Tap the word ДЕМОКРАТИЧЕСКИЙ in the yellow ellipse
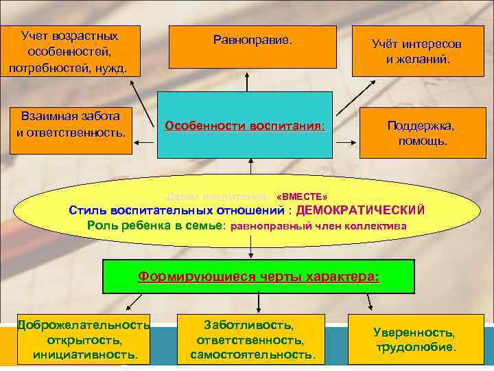[x=361, y=210]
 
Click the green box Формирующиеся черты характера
[x=258, y=277]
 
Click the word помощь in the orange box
[x=422, y=142]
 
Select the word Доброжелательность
[x=84, y=324]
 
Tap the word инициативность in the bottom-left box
[x=85, y=355]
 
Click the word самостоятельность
[x=252, y=355]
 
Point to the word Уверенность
[x=414, y=332]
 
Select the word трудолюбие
[x=414, y=347]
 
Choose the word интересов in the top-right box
[x=435, y=44]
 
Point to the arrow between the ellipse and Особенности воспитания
[x=251, y=167]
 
